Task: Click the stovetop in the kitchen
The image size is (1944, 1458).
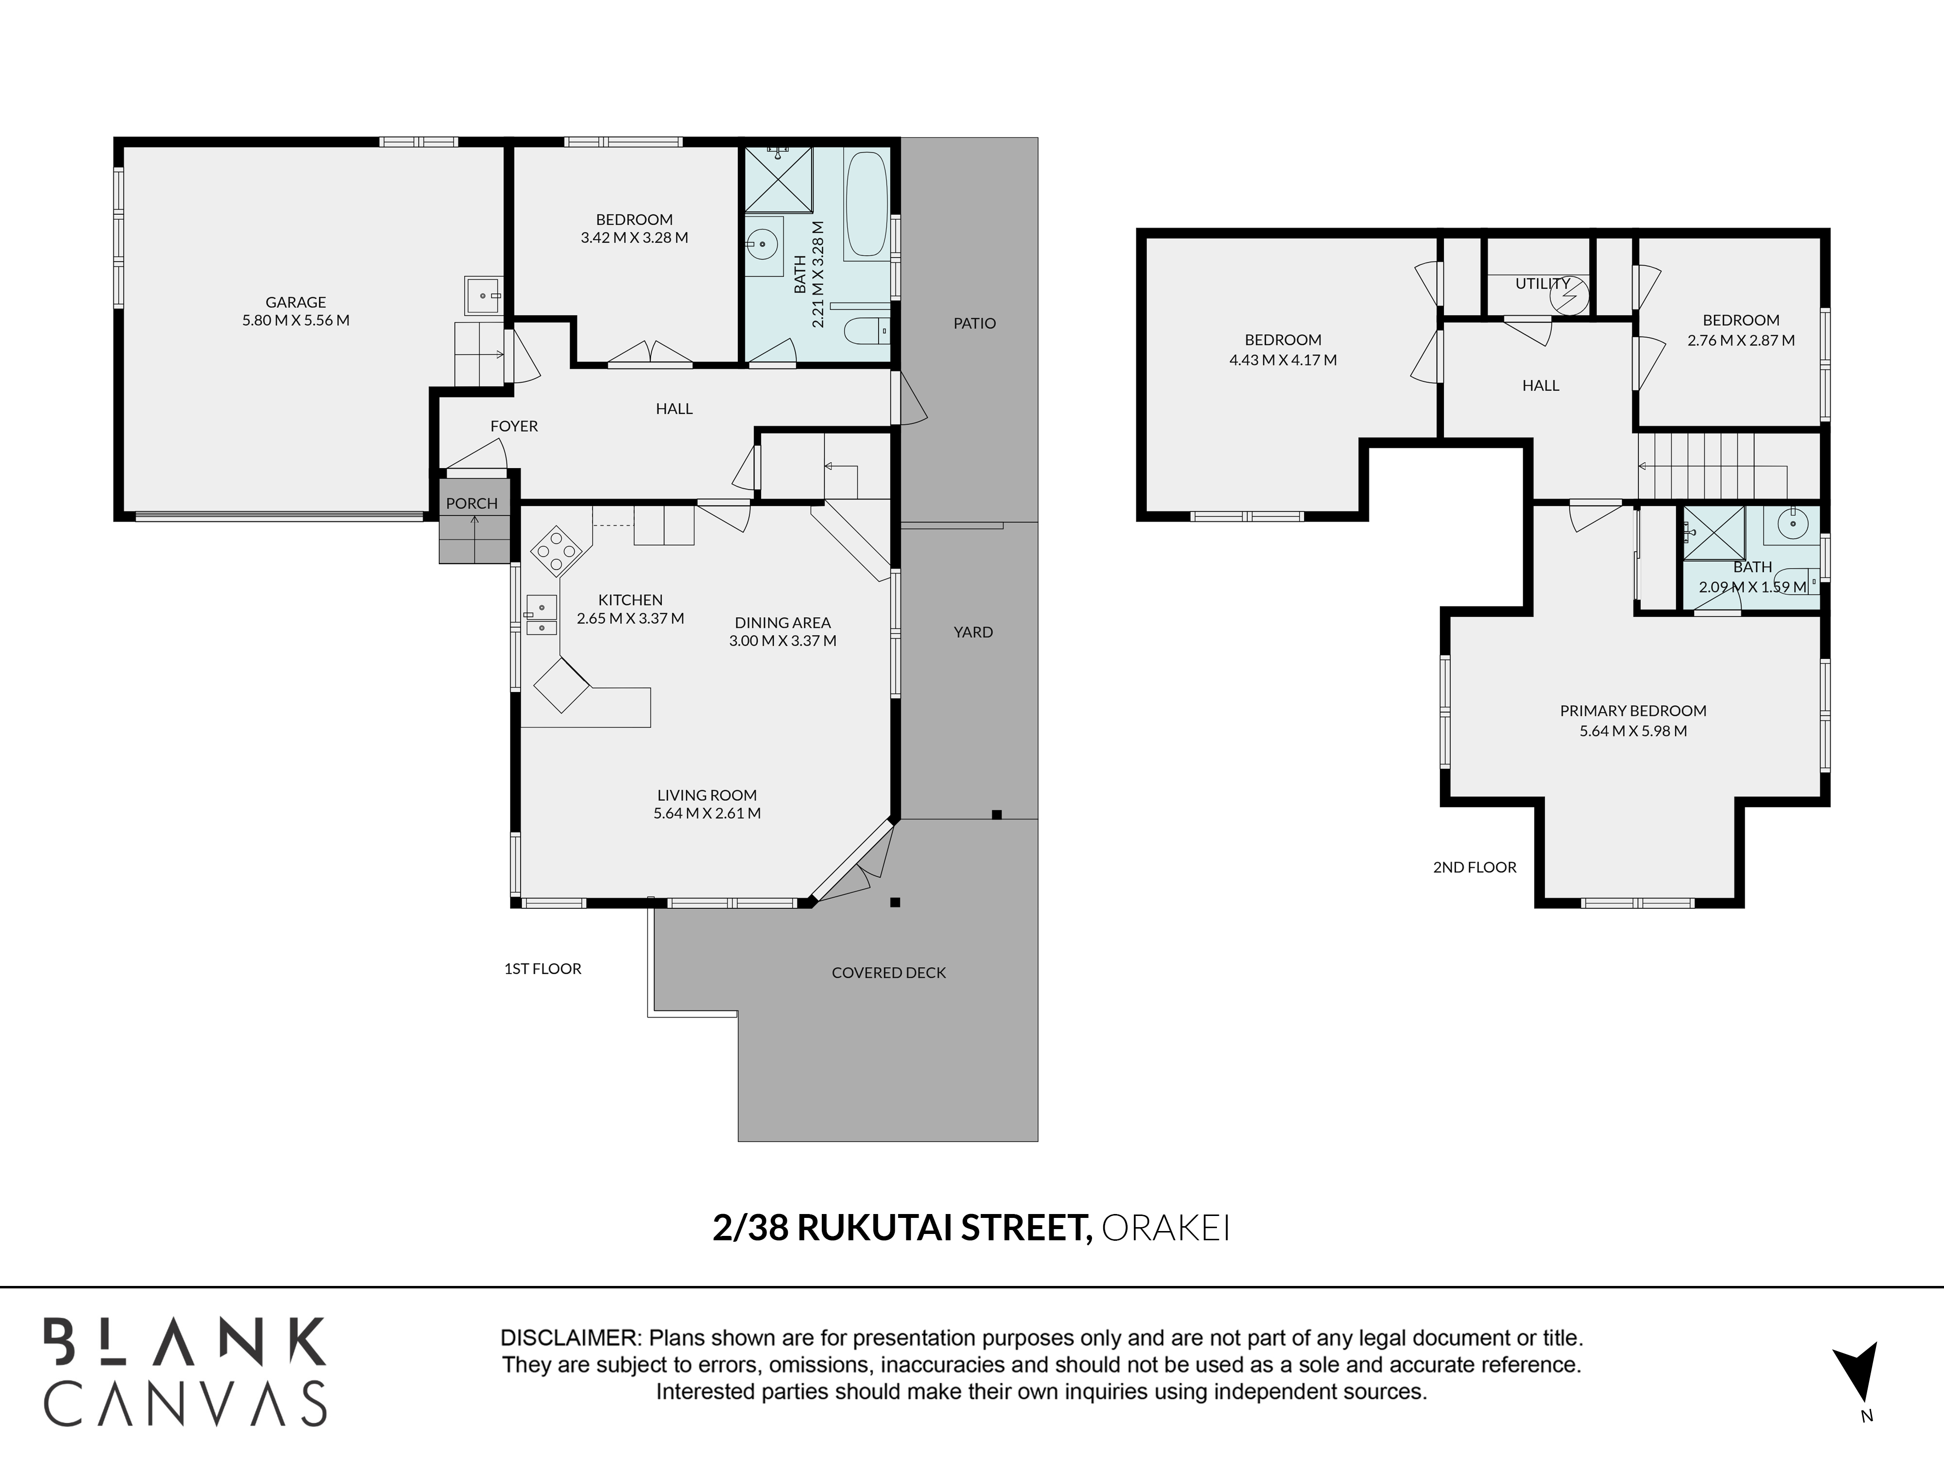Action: coord(556,551)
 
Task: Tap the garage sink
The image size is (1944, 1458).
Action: coord(484,295)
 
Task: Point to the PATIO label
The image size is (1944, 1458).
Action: coord(974,323)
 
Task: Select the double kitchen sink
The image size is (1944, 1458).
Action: coord(541,615)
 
